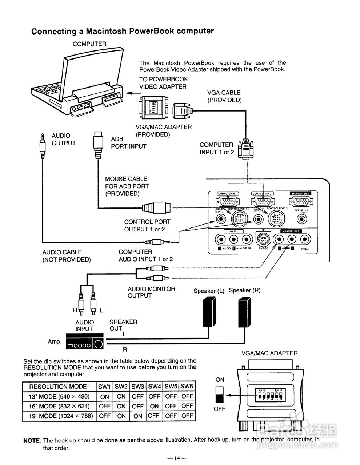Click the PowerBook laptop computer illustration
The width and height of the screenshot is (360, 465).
click(x=76, y=85)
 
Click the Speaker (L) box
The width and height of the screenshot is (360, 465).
click(x=209, y=312)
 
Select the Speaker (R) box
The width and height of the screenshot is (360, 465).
click(x=244, y=312)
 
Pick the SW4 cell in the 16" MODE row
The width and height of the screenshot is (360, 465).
click(x=154, y=406)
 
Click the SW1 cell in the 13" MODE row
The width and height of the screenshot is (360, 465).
click(x=104, y=397)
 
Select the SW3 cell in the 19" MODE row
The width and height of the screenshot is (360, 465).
click(x=137, y=416)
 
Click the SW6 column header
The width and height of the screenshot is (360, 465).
click(x=187, y=387)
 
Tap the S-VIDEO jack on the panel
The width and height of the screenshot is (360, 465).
click(x=263, y=239)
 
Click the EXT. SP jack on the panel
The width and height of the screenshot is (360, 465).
click(x=301, y=219)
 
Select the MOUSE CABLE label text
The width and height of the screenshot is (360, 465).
click(x=126, y=179)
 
